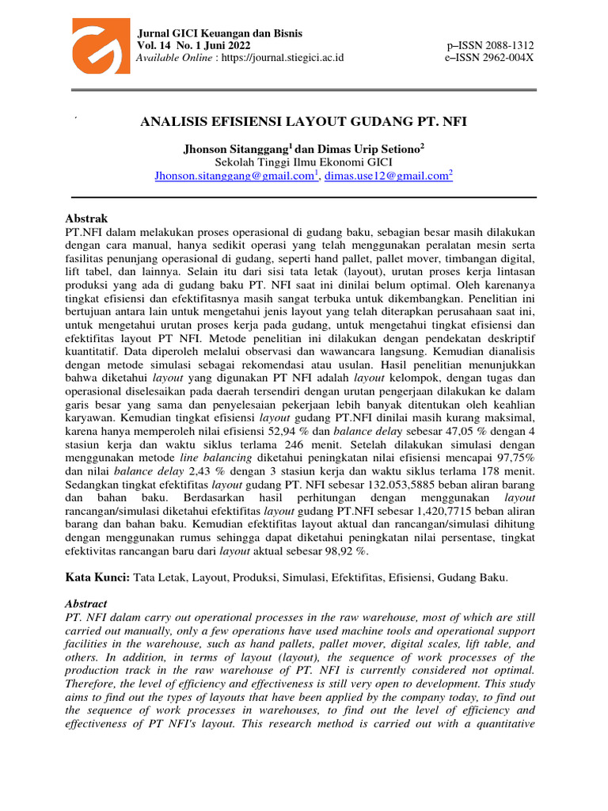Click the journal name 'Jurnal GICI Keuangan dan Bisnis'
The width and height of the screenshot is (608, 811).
[220, 33]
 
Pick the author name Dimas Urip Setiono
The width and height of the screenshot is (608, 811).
[361, 148]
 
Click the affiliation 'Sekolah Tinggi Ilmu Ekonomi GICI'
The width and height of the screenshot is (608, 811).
[303, 162]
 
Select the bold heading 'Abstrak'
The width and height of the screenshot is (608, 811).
[85, 219]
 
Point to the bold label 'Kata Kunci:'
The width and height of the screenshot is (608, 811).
[97, 579]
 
